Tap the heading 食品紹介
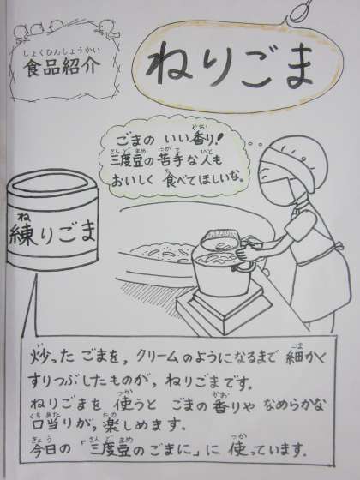tap(62, 68)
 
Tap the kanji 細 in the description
tap(294, 357)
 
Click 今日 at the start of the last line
tap(45, 449)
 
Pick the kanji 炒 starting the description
tap(39, 357)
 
